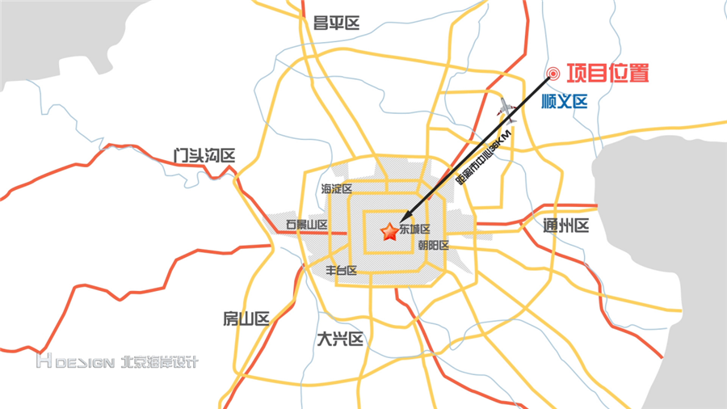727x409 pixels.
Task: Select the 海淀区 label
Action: click(x=337, y=189)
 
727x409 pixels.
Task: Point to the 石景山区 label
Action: click(x=307, y=225)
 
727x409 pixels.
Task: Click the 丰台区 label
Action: click(x=341, y=270)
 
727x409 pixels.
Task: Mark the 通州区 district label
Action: click(x=566, y=226)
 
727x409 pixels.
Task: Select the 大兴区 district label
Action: click(x=340, y=339)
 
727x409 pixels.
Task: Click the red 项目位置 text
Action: click(x=607, y=74)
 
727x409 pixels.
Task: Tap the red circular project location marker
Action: click(x=553, y=74)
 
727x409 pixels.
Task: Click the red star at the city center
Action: click(x=389, y=233)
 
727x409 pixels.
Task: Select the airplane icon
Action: click(x=506, y=107)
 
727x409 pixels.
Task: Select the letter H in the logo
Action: click(x=43, y=361)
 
